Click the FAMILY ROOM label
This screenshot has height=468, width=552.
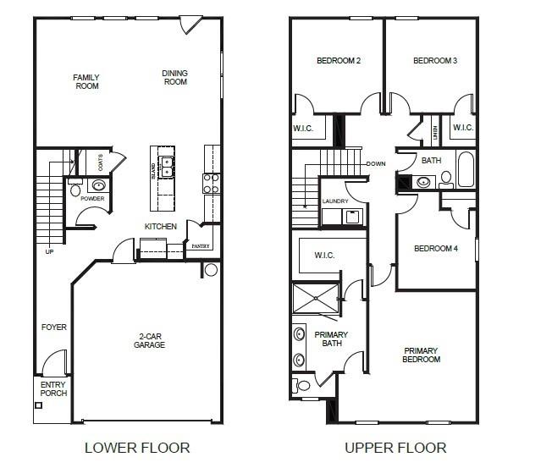pos(86,81)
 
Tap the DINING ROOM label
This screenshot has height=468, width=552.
pos(174,78)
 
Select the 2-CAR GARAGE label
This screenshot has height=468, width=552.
pos(149,340)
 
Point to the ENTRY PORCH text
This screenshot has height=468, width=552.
pos(52,388)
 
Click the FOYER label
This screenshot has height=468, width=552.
pos(53,327)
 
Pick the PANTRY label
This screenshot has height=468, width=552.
pos(200,245)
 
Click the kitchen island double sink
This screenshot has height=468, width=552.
pos(167,166)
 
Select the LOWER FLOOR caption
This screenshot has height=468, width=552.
pos(137,447)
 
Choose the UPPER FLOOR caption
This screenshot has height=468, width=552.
pos(395,447)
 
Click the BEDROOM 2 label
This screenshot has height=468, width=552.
pos(339,61)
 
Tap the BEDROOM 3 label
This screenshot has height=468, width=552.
pos(435,61)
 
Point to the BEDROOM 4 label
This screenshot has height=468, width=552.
pos(435,249)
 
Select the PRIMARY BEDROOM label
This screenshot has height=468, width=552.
pos(422,355)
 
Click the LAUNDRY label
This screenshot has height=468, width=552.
pos(335,201)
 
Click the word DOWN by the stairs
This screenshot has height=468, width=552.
pos(376,163)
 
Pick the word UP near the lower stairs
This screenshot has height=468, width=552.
pos(49,251)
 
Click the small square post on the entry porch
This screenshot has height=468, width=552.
pos(39,405)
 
